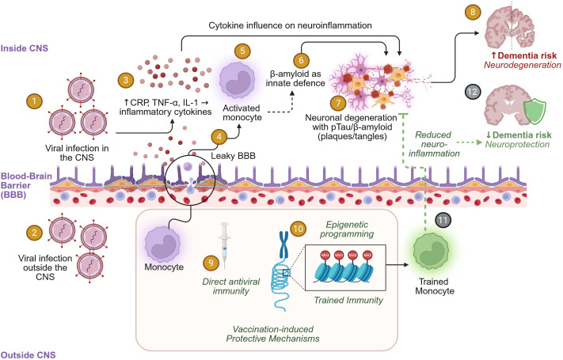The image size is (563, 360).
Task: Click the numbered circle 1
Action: (x=34, y=101)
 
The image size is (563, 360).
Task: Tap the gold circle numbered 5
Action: (x=242, y=51)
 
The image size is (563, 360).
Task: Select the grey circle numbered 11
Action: (x=443, y=221)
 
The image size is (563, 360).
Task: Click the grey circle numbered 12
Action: (x=473, y=92)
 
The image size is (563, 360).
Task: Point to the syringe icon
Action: (x=224, y=245)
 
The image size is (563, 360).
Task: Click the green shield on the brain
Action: (x=534, y=112)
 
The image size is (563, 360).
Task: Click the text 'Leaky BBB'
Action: (x=233, y=156)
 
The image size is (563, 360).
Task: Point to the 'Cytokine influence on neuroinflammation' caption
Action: (x=290, y=25)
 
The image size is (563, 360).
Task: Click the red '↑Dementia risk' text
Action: (x=524, y=55)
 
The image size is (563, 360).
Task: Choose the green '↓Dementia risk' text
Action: (x=519, y=135)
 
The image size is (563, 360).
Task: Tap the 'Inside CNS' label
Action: (x=24, y=48)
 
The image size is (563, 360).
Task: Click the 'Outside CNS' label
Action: (x=28, y=355)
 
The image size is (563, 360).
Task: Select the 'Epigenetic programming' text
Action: (x=347, y=229)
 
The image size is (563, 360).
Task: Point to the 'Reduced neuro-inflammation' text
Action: (x=434, y=144)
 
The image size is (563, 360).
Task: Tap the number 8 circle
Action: (x=473, y=12)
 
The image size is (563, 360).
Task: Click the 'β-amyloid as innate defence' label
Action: (x=295, y=78)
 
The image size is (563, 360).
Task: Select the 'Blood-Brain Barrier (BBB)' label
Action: (x=26, y=186)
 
